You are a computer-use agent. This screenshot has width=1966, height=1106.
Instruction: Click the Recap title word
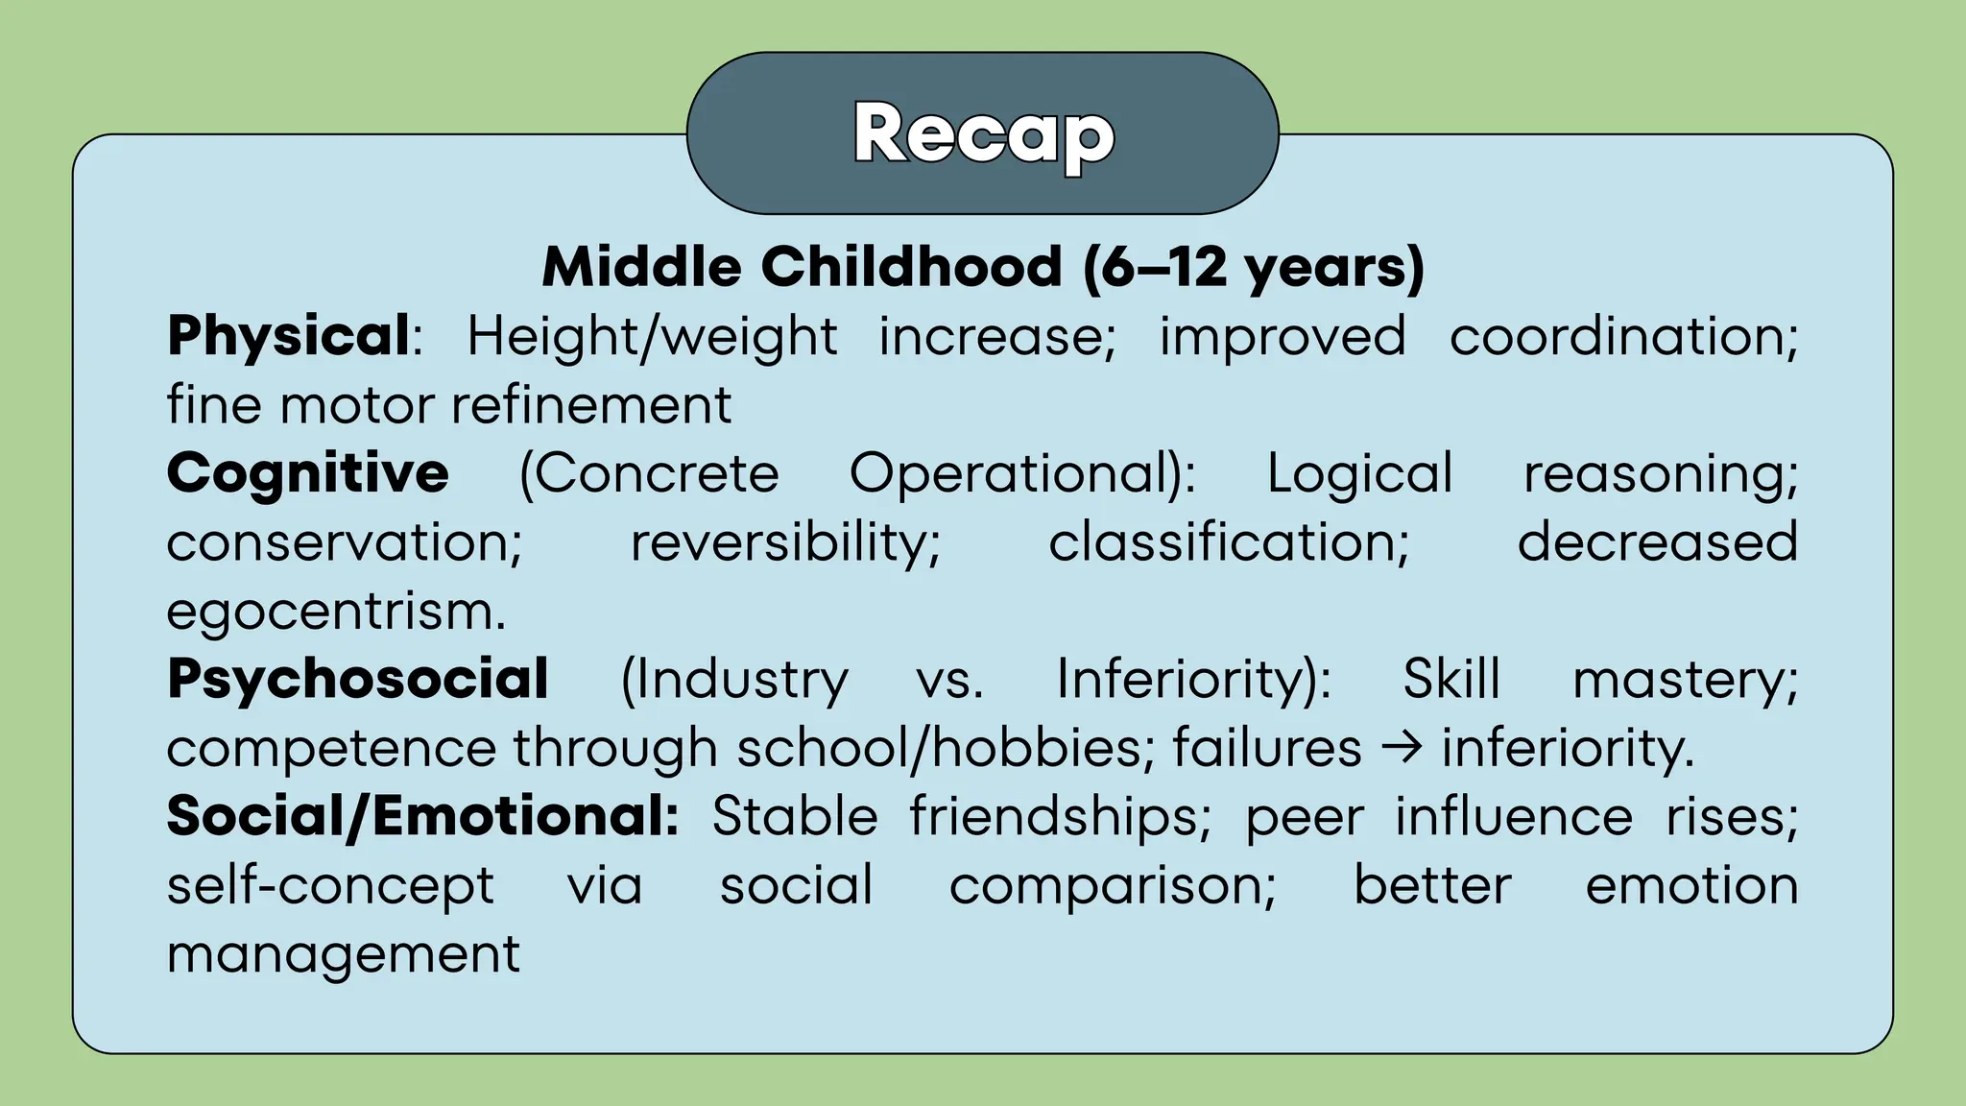(x=983, y=134)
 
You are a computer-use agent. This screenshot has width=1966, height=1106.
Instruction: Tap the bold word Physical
(x=289, y=336)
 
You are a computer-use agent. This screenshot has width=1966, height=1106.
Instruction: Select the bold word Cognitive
(x=307, y=473)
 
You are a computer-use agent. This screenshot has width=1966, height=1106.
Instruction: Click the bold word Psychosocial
(x=357, y=679)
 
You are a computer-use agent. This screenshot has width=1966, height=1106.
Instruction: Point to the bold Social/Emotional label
(x=422, y=816)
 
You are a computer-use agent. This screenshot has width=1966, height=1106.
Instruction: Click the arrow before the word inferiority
(x=1402, y=748)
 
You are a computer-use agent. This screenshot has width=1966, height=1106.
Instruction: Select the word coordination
(x=1622, y=336)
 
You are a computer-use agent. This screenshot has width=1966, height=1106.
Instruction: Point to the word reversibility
(x=784, y=542)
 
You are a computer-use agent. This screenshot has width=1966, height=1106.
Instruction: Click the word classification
(x=1228, y=542)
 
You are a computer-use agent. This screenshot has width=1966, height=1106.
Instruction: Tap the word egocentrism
(x=335, y=612)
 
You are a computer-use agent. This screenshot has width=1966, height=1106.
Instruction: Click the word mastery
(x=1685, y=680)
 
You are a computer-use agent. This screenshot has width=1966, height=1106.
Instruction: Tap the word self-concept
(x=330, y=885)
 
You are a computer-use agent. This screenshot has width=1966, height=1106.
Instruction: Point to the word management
(x=343, y=954)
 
